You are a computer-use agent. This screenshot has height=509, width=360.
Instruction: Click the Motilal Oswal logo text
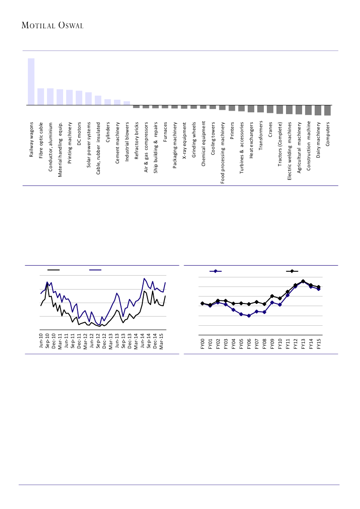[52, 26]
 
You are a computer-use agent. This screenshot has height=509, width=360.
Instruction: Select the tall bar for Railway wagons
[31, 82]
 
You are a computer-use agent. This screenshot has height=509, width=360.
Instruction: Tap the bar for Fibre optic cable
[40, 97]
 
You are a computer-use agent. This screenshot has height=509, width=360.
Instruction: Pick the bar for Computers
[327, 110]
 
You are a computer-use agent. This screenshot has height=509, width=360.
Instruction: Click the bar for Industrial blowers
[127, 103]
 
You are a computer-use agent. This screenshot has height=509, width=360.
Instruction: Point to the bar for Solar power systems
[88, 99]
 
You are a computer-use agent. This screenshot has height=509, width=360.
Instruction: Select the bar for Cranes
[270, 109]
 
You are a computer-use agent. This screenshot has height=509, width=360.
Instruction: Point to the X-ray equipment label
[185, 141]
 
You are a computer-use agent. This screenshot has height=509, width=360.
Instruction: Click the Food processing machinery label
[223, 152]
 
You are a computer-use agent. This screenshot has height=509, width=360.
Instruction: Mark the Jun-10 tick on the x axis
[41, 340]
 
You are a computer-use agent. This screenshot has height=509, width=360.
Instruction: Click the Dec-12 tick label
[104, 340]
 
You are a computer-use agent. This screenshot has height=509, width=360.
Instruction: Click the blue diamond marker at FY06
[249, 316]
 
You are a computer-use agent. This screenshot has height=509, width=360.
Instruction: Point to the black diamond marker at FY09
[272, 296]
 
